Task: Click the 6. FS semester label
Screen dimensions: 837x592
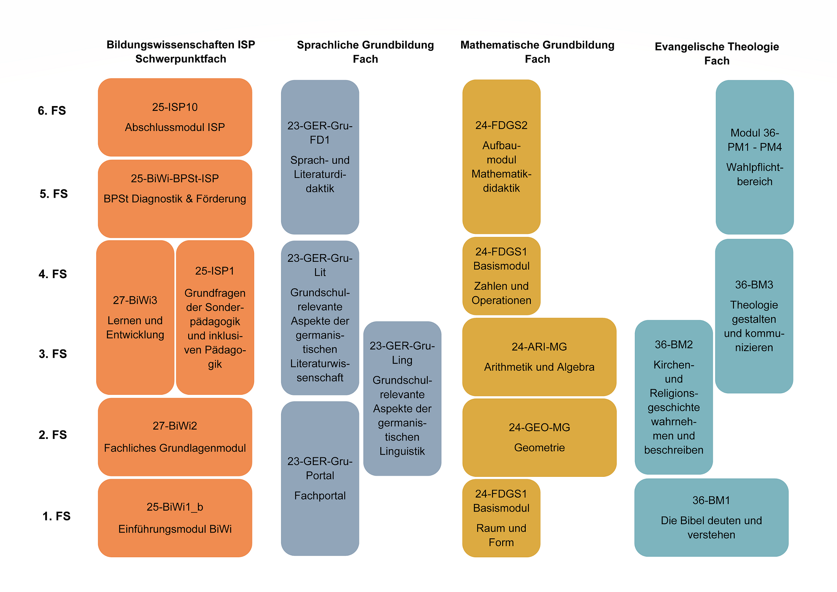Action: coord(52,110)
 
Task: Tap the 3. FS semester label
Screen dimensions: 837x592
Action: coord(53,354)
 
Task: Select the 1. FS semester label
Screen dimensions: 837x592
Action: coord(56,516)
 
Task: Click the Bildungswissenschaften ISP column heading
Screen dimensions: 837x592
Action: coord(181,52)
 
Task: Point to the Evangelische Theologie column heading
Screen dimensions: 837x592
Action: coord(717,54)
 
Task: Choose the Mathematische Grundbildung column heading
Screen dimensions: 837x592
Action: coord(537,52)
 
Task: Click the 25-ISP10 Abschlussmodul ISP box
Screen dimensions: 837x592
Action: coord(175,117)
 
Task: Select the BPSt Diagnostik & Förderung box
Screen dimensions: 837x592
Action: coord(175,199)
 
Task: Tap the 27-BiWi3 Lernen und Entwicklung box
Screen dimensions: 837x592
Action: coord(135,317)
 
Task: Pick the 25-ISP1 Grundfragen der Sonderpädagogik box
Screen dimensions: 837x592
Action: coord(215,317)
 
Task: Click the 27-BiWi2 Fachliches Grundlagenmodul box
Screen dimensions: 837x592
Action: coord(175,437)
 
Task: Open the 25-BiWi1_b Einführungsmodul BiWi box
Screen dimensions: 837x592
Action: coord(175,518)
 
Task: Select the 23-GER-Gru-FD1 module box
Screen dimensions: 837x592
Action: coord(320,157)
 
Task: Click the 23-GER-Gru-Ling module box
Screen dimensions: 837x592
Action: coord(402,398)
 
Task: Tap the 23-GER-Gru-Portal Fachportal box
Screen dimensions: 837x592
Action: coord(320,478)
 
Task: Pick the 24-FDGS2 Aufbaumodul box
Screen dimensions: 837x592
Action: coord(501,157)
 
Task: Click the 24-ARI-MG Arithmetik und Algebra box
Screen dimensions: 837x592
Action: coord(539,357)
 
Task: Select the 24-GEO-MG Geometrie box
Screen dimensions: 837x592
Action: coord(539,437)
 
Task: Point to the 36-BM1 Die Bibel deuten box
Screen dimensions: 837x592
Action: coord(711,517)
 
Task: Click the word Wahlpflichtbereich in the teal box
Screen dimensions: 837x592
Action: coord(755,174)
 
